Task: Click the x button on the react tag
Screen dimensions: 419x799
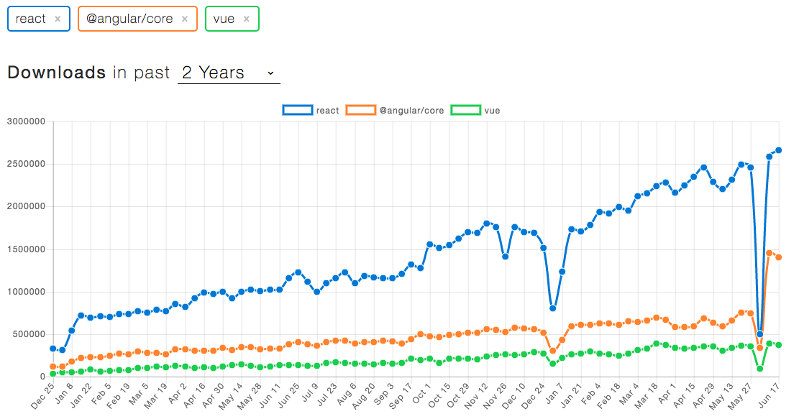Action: coord(58,19)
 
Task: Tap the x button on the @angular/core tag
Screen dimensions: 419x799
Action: coord(185,19)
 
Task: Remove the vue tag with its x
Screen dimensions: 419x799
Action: coord(247,19)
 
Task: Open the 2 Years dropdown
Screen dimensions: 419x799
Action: coord(228,73)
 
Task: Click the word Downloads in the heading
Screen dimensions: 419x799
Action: coord(56,73)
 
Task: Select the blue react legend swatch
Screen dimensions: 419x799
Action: coord(298,110)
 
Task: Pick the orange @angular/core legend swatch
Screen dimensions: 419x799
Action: coord(360,110)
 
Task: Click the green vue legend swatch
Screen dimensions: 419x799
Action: coord(465,110)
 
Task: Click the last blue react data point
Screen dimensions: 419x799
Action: coord(779,150)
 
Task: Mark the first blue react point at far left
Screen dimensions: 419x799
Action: coord(53,349)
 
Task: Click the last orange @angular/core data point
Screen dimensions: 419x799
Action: coord(779,257)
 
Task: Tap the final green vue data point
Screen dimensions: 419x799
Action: coord(779,345)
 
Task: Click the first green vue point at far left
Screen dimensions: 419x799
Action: coord(53,374)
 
